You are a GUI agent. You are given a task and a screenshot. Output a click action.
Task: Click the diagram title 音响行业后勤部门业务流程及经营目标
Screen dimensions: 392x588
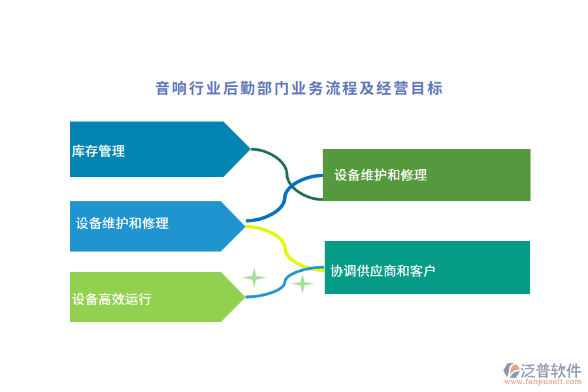(299, 88)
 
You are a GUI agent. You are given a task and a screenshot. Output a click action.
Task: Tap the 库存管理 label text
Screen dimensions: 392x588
(98, 151)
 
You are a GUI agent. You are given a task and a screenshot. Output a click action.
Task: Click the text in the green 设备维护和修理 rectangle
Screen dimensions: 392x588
(380, 175)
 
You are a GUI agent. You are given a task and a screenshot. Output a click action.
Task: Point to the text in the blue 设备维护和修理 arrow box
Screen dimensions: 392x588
(122, 223)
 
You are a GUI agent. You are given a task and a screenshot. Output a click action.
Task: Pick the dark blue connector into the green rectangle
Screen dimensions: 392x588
(285, 196)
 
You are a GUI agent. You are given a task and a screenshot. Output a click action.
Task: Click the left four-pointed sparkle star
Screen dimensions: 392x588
(253, 278)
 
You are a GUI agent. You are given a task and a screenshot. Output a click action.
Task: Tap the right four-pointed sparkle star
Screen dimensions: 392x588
(302, 284)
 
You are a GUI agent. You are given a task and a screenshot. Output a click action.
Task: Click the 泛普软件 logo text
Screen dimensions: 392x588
(550, 371)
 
